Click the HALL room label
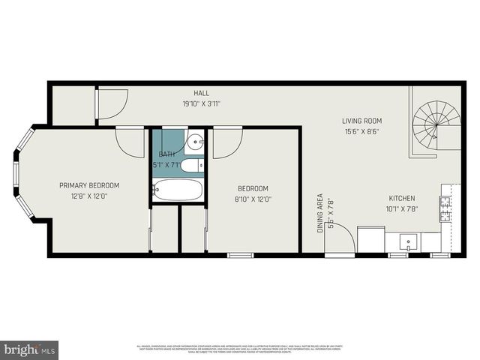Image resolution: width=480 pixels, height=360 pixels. [201, 93]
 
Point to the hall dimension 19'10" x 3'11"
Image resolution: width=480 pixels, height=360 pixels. [201, 103]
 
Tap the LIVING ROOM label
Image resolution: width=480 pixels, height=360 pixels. [362, 121]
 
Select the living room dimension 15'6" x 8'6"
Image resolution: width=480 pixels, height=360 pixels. [362, 131]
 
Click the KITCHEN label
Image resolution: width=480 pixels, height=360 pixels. [401, 199]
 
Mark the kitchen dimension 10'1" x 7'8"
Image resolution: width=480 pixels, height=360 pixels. [401, 209]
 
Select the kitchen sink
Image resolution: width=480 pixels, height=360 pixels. [408, 241]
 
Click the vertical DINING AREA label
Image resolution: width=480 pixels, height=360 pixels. [320, 214]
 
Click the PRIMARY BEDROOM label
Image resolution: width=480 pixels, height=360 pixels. [89, 185]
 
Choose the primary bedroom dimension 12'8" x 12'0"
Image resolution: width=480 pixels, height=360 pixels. [89, 196]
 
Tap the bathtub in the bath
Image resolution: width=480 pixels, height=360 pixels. [178, 190]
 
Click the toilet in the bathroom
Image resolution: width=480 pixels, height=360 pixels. [192, 165]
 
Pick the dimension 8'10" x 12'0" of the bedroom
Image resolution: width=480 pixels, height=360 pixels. [253, 199]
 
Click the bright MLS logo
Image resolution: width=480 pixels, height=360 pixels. [30, 349]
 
